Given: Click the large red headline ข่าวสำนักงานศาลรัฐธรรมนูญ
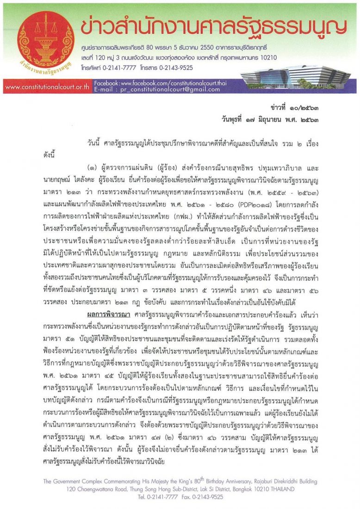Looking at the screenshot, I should coord(213,28).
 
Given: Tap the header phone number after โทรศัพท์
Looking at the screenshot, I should coord(118,66).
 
